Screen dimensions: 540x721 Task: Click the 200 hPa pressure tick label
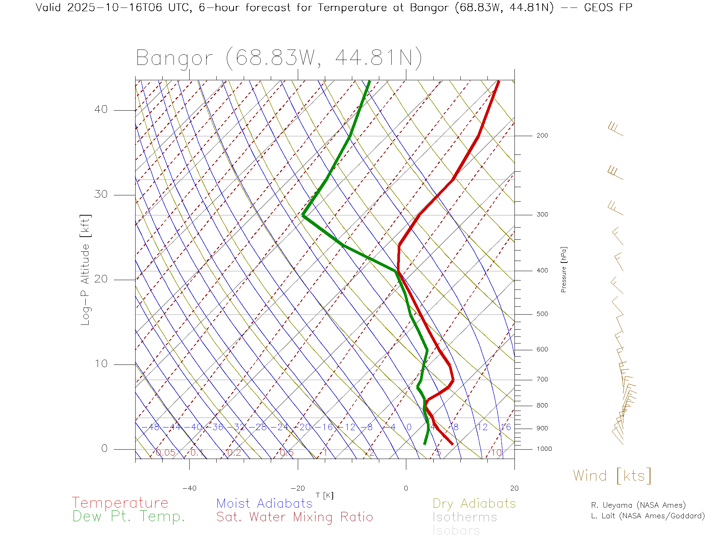click(542, 136)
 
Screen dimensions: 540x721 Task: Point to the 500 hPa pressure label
click(542, 314)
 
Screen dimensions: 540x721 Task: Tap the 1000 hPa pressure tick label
click(544, 449)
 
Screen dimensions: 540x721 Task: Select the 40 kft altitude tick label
click(101, 109)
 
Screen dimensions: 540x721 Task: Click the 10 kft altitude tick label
click(101, 364)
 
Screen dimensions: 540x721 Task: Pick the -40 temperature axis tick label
click(189, 488)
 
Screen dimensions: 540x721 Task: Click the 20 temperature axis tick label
click(514, 488)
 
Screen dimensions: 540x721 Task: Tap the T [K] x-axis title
click(324, 496)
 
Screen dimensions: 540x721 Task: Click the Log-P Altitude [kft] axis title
click(86, 270)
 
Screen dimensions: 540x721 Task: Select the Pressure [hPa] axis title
click(564, 269)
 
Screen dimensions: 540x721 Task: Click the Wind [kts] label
click(612, 476)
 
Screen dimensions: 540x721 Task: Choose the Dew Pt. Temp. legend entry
click(129, 517)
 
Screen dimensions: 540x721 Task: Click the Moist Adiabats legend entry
click(264, 504)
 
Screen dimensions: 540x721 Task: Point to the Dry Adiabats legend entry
click(474, 504)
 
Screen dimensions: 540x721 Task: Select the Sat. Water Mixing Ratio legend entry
click(294, 517)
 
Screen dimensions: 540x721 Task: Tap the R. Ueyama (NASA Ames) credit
click(638, 505)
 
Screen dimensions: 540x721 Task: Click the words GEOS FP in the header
click(608, 7)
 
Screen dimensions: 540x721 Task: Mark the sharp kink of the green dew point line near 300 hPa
click(303, 215)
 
